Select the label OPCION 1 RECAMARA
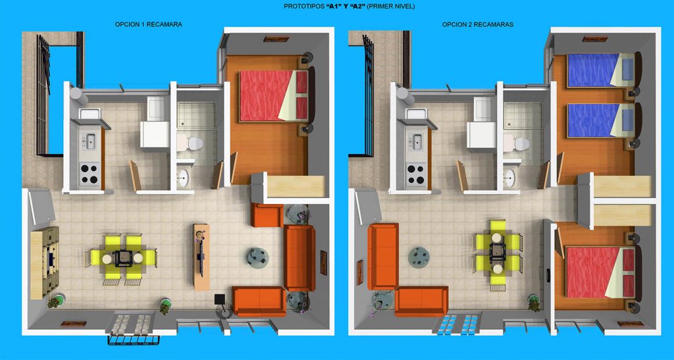click(x=148, y=24)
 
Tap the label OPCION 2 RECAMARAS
click(x=478, y=24)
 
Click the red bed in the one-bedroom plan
click(x=273, y=95)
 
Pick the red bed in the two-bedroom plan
click(x=600, y=272)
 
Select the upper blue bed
click(x=601, y=70)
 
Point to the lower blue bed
click(x=601, y=120)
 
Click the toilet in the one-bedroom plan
click(x=191, y=143)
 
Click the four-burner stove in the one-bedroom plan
click(x=90, y=174)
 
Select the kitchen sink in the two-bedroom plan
click(x=417, y=141)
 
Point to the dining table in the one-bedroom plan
click(x=123, y=258)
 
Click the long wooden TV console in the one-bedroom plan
click(x=201, y=257)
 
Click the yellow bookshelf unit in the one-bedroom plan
click(x=45, y=263)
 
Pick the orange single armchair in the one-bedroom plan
click(x=267, y=215)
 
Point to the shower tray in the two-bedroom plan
click(x=522, y=115)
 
